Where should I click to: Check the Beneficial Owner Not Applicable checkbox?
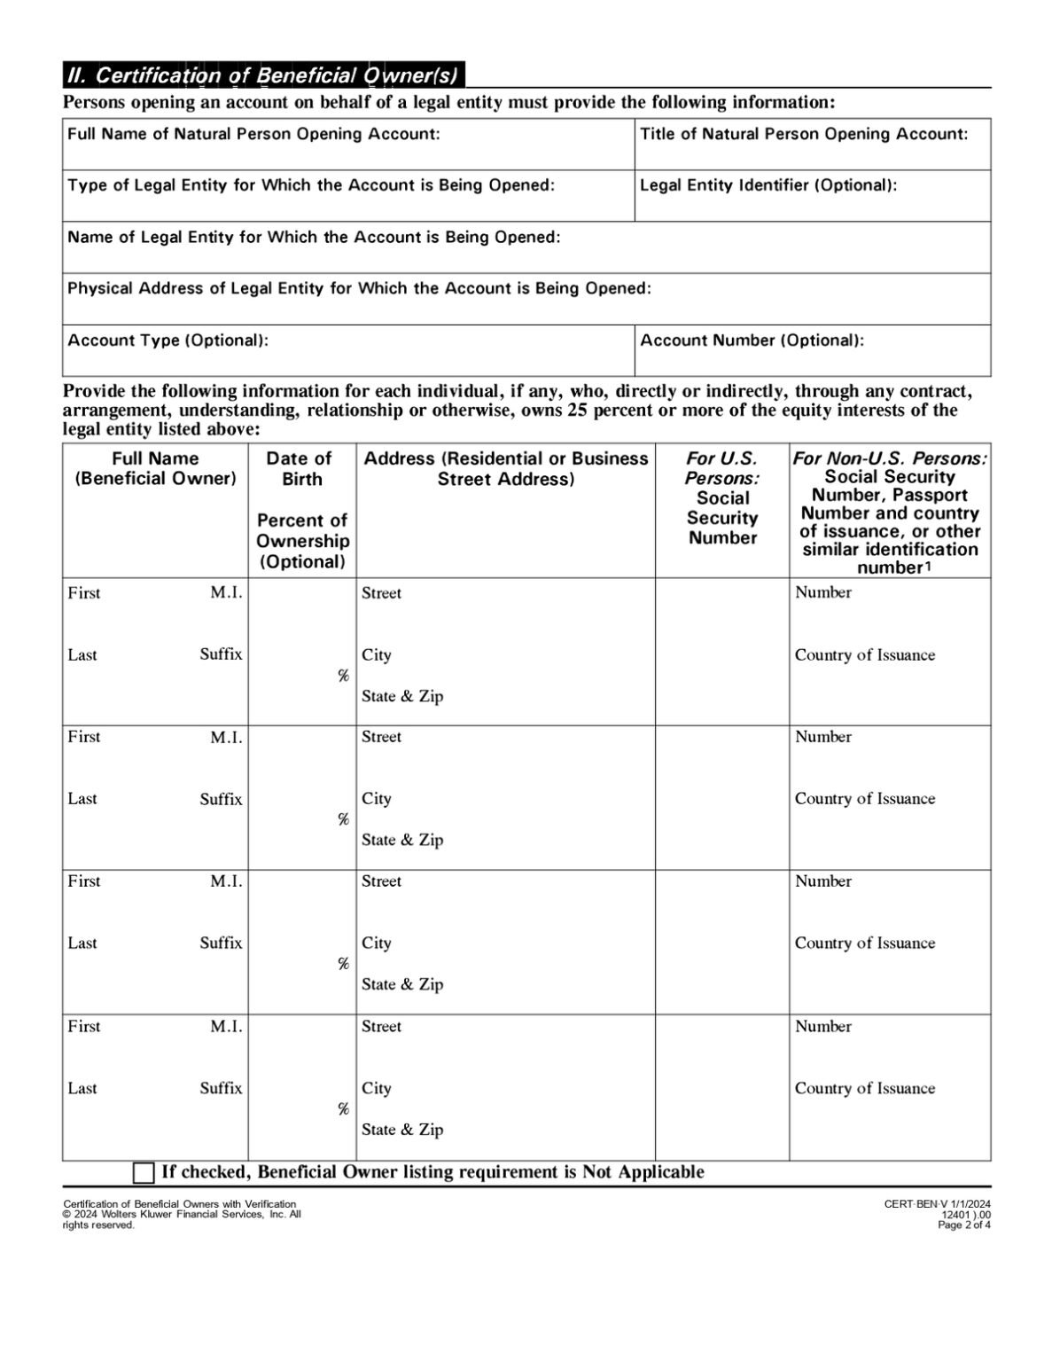(144, 1172)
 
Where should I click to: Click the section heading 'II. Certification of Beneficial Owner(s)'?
(262, 75)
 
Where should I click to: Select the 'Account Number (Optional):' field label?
(752, 340)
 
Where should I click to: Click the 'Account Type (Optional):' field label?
(168, 340)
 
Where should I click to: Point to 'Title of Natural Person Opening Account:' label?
(804, 134)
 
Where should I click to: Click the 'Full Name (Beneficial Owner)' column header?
(155, 468)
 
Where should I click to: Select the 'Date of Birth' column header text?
(300, 468)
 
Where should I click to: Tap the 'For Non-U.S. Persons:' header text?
(889, 458)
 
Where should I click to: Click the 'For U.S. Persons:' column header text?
(722, 468)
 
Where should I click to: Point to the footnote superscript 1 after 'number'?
(927, 567)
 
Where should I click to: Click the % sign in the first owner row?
(343, 676)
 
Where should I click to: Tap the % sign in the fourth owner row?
(343, 1109)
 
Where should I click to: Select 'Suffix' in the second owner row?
(221, 799)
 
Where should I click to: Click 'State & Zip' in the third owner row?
(402, 984)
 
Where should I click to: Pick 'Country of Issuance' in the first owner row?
(864, 655)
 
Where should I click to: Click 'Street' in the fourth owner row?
(381, 1027)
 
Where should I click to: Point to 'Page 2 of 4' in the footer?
(964, 1225)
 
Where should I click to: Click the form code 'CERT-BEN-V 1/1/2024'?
(937, 1203)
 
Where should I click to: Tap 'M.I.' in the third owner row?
(226, 881)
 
